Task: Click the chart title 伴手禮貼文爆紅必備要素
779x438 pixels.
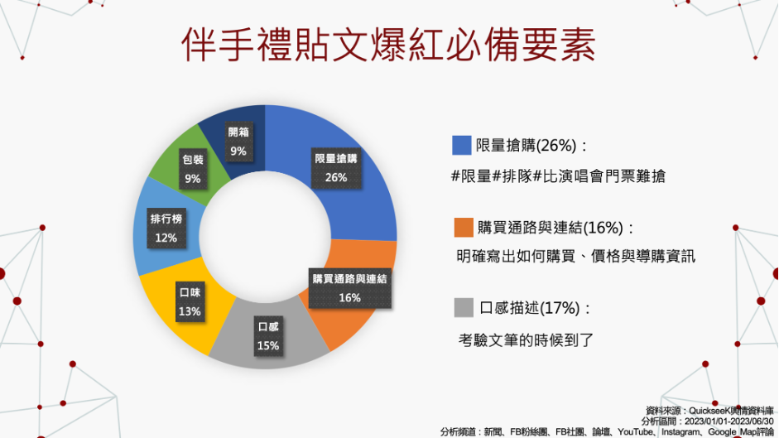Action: [388, 45]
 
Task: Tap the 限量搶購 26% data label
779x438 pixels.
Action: [336, 168]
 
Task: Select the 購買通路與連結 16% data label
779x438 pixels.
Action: [349, 288]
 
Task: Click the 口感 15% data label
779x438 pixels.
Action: [268, 336]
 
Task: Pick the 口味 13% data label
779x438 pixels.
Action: [190, 301]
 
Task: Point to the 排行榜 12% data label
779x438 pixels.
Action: [166, 229]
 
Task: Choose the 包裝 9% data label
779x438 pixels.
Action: [193, 169]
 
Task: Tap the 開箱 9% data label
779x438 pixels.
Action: [238, 142]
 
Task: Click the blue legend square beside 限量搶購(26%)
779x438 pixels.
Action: [462, 145]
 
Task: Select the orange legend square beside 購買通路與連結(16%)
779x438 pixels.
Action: [464, 227]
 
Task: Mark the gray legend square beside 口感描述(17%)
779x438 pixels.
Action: [464, 308]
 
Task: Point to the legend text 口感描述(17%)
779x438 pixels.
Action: [530, 308]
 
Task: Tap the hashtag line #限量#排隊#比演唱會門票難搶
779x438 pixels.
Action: [558, 176]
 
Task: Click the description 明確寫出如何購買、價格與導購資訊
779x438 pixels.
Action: [576, 257]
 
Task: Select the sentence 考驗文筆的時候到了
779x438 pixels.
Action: [526, 340]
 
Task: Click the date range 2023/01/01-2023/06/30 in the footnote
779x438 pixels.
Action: [729, 421]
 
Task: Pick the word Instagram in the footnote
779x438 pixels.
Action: [680, 432]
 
